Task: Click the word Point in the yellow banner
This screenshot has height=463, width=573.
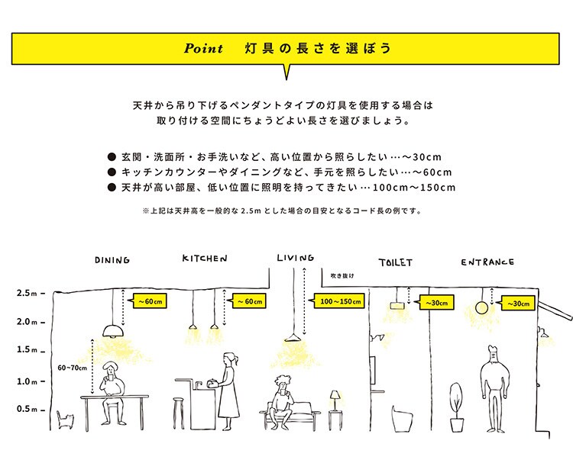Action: click(203, 49)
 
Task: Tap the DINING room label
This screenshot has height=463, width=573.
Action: click(112, 260)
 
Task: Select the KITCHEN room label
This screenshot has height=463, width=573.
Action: click(204, 259)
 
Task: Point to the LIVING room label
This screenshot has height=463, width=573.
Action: click(295, 258)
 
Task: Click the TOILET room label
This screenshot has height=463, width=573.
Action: click(395, 262)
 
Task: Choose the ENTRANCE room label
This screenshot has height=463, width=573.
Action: click(487, 262)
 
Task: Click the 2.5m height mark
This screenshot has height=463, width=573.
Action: click(28, 293)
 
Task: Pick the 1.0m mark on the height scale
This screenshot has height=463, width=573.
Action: click(28, 381)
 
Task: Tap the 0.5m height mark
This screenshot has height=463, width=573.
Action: click(28, 410)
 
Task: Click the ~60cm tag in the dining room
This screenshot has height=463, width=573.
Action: click(151, 302)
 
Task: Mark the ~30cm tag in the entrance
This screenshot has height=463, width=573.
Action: click(518, 304)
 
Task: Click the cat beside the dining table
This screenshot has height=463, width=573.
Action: click(66, 420)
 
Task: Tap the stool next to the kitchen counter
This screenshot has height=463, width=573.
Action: click(180, 413)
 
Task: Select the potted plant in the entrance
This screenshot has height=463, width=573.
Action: click(456, 408)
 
